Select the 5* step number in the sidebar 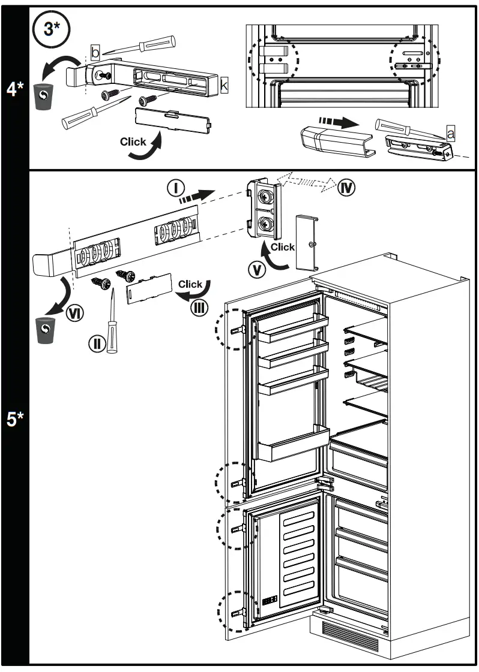click(x=15, y=418)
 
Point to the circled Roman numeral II click(x=96, y=343)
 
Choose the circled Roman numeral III click(x=198, y=308)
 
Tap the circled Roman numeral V click(x=258, y=270)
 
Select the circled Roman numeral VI click(x=74, y=312)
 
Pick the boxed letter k click(x=224, y=85)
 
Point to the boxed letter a click(x=450, y=133)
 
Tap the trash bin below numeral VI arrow click(x=46, y=329)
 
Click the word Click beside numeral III click(x=190, y=284)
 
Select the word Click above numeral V click(x=282, y=247)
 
